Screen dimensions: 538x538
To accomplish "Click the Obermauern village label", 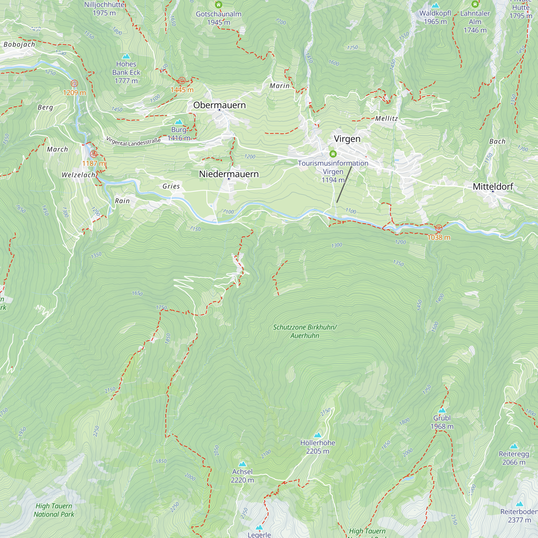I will coord(220,105).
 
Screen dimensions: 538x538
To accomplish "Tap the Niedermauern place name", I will coord(229,174).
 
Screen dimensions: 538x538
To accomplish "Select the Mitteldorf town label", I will coord(493,187).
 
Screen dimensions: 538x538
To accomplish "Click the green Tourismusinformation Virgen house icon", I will coord(333,154).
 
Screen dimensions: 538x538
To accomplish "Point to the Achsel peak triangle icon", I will coord(243,464).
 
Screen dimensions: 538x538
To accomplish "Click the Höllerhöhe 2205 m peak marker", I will coord(317,435).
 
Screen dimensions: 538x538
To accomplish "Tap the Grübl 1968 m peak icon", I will coord(442,410).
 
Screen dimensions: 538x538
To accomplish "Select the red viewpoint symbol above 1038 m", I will coord(438,228).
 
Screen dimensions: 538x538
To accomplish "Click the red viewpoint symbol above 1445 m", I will coord(182,81).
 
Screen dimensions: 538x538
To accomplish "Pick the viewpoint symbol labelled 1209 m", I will coord(74,83).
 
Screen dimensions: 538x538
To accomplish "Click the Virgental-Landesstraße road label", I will coord(133,142).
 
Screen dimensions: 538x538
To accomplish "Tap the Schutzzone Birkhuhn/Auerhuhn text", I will coord(305,331).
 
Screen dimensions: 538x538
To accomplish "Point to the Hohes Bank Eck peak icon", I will coord(126,56).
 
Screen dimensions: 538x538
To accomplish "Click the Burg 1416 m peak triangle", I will coord(179,122).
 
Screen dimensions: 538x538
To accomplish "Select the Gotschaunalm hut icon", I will coord(219,5).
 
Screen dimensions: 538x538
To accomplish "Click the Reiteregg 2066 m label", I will coord(514,458).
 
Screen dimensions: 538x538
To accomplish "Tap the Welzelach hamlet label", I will coord(78,175).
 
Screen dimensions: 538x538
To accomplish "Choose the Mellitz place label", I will coord(386,118).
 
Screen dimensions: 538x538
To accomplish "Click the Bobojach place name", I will coord(19,45).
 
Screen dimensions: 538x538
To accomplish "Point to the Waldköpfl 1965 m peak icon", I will coord(435,5).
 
